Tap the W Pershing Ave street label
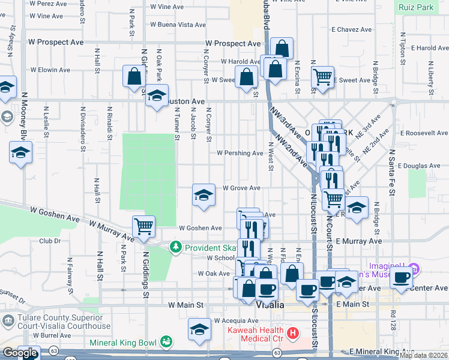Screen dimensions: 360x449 [240, 153]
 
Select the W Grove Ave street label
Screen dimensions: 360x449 [241, 188]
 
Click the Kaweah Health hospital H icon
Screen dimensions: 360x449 [293, 332]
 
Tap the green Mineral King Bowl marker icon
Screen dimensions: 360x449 [166, 343]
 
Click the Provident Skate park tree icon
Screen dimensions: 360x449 [176, 247]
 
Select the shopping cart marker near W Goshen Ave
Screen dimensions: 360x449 [143, 227]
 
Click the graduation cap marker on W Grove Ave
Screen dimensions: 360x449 [203, 194]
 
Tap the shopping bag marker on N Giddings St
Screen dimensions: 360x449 [134, 76]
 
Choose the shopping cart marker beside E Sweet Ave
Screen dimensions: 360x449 [323, 77]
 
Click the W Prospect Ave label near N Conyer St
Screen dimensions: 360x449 [233, 44]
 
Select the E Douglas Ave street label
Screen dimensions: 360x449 [418, 166]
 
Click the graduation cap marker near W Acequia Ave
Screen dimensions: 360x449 [200, 328]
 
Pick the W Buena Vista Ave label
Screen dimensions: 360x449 [178, 25]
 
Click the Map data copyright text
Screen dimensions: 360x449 [424, 355]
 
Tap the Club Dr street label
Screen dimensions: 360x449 [50, 241]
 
